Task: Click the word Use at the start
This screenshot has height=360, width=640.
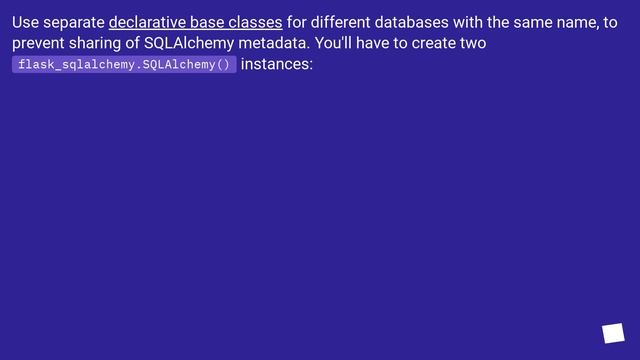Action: pyautogui.click(x=26, y=22)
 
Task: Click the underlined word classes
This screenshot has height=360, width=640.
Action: pyautogui.click(x=256, y=22)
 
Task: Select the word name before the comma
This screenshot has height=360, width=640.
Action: pyautogui.click(x=578, y=22)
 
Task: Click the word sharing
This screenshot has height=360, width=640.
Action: pyautogui.click(x=101, y=44)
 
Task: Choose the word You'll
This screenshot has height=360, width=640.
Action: pyautogui.click(x=322, y=44)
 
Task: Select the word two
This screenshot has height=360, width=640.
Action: pyautogui.click(x=473, y=44)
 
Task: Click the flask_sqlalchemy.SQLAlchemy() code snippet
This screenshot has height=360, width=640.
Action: pyautogui.click(x=124, y=65)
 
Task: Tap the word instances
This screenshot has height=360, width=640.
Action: pyautogui.click(x=277, y=65)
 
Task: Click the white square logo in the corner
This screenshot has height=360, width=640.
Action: pyautogui.click(x=613, y=333)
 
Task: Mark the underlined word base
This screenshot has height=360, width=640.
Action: pyautogui.click(x=209, y=22)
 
